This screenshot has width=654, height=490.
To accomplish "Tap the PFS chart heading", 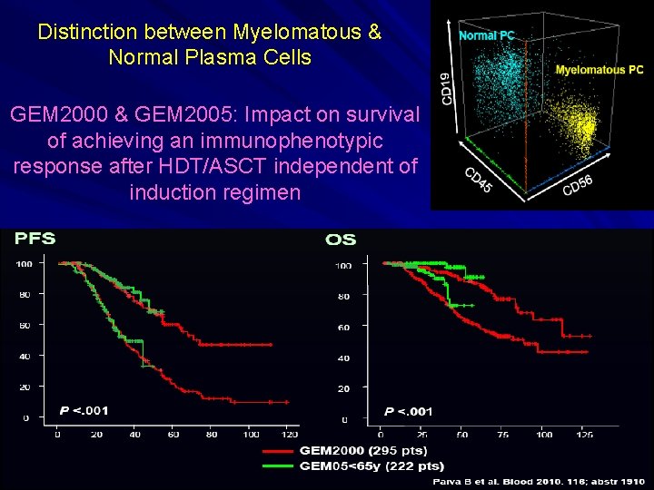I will point(35,239).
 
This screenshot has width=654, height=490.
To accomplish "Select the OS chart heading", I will point(341,240).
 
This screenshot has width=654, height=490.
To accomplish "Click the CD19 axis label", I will point(446,87).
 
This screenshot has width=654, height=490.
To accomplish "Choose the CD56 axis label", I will point(578,185).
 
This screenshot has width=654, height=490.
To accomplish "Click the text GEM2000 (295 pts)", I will point(362,450).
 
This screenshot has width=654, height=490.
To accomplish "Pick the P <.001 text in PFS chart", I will point(84,410).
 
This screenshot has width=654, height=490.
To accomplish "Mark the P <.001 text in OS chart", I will point(408,411).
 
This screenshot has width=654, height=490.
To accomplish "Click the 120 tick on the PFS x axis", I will point(290,435).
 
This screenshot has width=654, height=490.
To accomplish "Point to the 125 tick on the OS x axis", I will point(585,435).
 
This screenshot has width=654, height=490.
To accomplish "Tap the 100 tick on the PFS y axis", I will point(25,264).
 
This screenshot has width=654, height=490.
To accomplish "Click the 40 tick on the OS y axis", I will point(343,358).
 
